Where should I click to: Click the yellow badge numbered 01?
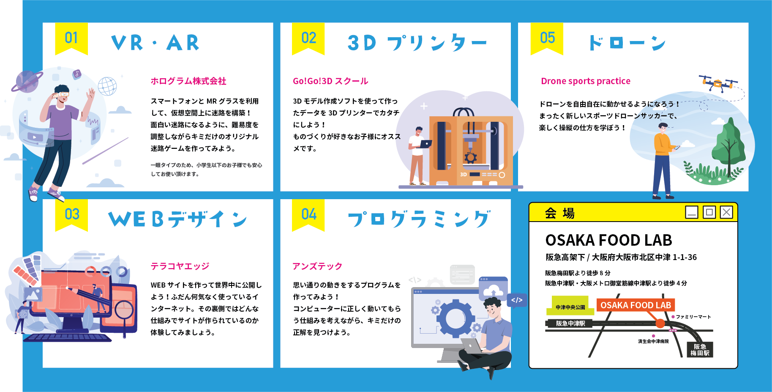(71, 38)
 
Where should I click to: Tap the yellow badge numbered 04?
(308, 214)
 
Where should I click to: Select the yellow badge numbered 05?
(547, 38)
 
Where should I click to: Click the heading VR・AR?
(155, 43)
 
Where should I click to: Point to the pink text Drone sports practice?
(585, 81)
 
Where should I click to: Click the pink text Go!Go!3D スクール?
(330, 81)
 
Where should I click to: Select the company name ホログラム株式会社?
(188, 81)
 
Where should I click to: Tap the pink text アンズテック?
(317, 266)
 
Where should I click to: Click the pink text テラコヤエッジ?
(180, 266)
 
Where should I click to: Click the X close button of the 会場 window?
(726, 212)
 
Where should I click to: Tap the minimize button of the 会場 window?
(692, 212)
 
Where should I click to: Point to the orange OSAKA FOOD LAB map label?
(636, 305)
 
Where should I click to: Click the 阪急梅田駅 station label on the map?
(700, 350)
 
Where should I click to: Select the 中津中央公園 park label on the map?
(570, 307)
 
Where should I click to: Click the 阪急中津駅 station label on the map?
(570, 323)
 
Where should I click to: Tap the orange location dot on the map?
(660, 323)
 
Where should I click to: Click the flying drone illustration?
(718, 83)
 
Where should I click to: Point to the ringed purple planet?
(27, 82)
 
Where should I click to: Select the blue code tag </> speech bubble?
(517, 300)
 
